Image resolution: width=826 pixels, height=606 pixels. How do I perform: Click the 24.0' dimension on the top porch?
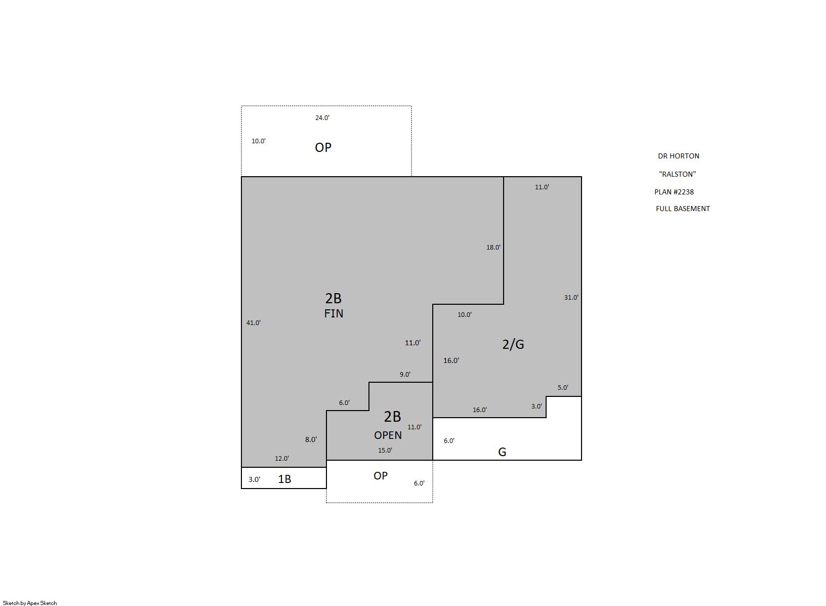tap(322, 117)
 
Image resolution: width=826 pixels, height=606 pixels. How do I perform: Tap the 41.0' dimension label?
tap(254, 322)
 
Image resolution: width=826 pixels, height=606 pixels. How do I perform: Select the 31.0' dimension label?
tap(571, 297)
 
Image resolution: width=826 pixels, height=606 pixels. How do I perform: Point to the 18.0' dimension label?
tap(493, 247)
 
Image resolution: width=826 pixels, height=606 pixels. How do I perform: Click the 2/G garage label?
tap(513, 344)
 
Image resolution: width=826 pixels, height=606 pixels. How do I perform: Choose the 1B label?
tap(284, 479)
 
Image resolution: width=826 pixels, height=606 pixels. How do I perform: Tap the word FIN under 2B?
tap(334, 313)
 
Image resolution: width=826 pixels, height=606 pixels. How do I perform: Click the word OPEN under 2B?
tap(388, 435)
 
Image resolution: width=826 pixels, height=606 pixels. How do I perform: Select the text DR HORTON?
tap(679, 156)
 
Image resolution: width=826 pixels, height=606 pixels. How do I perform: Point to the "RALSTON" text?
tap(677, 174)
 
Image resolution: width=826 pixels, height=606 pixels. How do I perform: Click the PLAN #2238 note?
tap(674, 192)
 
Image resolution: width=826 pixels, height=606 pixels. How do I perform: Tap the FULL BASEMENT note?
tap(683, 209)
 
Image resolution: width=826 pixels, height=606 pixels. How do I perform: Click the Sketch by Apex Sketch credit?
tap(30, 603)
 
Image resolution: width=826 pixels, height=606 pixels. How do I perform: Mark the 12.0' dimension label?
tap(282, 459)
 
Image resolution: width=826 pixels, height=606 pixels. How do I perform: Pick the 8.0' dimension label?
tap(311, 439)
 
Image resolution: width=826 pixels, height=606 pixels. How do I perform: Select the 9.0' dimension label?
tap(405, 374)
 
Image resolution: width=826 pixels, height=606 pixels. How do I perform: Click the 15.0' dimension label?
tap(385, 451)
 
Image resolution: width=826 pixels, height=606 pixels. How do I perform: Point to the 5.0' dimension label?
tap(563, 388)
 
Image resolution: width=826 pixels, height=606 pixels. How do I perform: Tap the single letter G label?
tap(502, 452)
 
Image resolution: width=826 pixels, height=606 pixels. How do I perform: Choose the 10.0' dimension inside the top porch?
tap(259, 141)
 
